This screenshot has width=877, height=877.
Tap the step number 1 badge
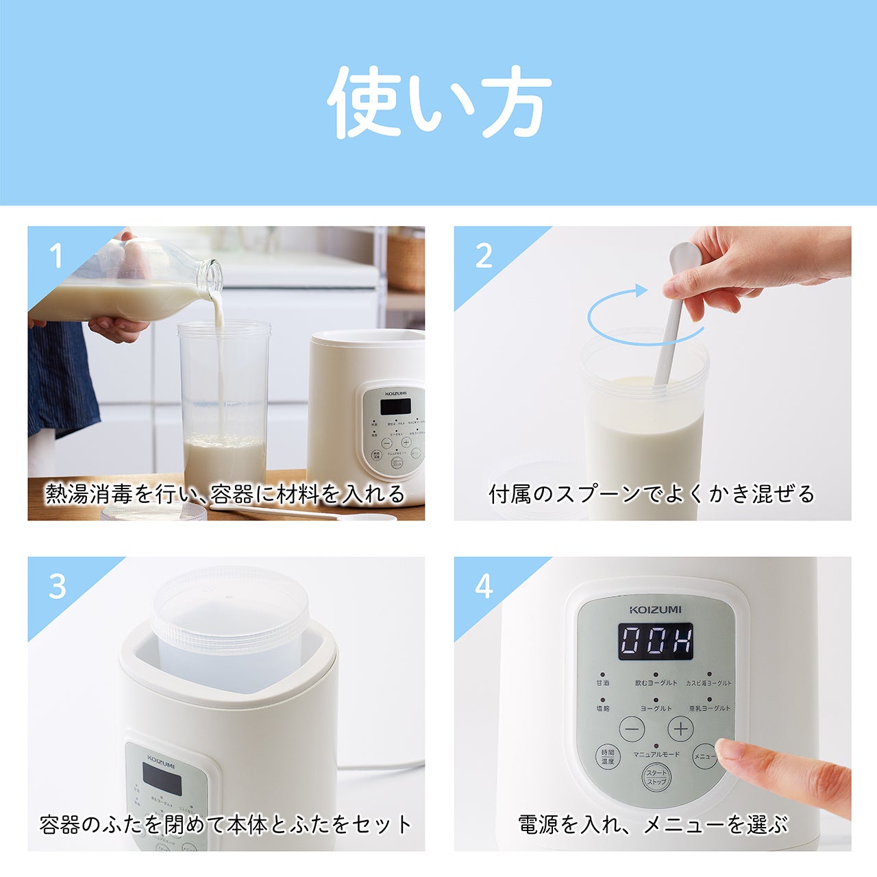[56, 256]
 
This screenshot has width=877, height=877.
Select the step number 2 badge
[484, 256]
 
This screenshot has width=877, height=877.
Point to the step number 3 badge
[58, 586]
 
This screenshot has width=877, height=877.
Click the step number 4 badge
[484, 586]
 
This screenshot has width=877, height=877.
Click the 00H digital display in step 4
[656, 641]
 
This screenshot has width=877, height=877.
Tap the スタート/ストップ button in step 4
[656, 777]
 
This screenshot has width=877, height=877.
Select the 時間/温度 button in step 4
[607, 756]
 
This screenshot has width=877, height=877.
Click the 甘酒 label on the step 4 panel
[603, 683]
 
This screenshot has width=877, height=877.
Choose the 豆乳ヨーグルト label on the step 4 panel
[709, 708]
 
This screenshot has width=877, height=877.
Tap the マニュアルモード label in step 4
[656, 754]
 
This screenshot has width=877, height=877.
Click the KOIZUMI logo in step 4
[656, 609]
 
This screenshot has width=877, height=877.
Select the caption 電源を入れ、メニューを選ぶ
[652, 824]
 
